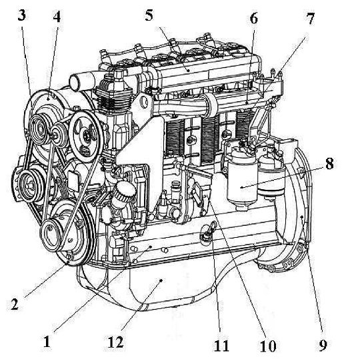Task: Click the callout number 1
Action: pyautogui.click(x=47, y=342)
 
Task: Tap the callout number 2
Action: pyautogui.click(x=15, y=304)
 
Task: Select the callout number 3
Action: pyautogui.click(x=21, y=16)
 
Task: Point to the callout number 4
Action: pyautogui.click(x=57, y=17)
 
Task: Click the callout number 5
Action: pyautogui.click(x=149, y=15)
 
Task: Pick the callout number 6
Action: pyautogui.click(x=254, y=19)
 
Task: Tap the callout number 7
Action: pyautogui.click(x=311, y=19)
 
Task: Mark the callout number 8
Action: pyautogui.click(x=329, y=163)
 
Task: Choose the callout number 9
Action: pyautogui.click(x=322, y=346)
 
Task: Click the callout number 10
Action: pyautogui.click(x=268, y=346)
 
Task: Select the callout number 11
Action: pyautogui.click(x=221, y=346)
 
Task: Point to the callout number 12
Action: pyautogui.click(x=115, y=342)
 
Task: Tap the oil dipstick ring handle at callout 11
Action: pyautogui.click(x=213, y=225)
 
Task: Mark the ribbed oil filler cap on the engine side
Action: pyautogui.click(x=124, y=191)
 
